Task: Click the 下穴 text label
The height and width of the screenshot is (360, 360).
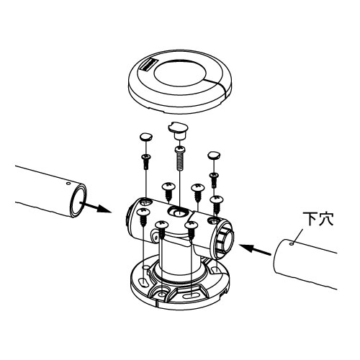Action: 318,219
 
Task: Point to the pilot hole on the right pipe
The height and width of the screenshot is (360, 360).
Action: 292,244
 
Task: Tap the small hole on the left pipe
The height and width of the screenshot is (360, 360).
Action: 68,184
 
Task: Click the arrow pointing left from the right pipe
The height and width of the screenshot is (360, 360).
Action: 255,249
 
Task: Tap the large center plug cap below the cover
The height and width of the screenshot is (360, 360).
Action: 178,131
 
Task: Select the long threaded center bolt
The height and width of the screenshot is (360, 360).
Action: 180,158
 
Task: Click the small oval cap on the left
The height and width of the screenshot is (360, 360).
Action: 146,137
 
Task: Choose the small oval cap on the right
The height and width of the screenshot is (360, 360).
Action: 215,155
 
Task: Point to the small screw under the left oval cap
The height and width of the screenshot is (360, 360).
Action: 146,161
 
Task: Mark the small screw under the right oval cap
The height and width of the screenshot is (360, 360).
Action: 215,180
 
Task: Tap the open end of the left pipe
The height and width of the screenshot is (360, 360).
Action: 78,201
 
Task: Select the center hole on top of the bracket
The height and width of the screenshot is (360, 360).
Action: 177,212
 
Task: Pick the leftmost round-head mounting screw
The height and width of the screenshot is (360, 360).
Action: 143,217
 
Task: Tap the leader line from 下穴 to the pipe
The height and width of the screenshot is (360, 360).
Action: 298,236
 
